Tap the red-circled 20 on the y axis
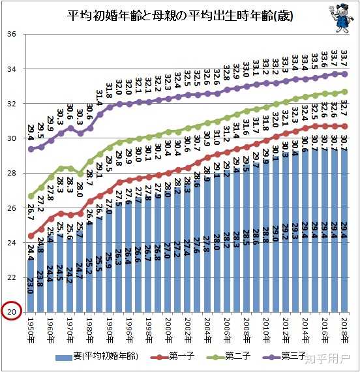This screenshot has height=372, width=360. click(x=11, y=312)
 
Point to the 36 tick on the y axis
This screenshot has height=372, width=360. click(x=11, y=34)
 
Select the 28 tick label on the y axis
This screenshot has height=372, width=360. click(x=11, y=173)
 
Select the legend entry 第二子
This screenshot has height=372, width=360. click(x=239, y=356)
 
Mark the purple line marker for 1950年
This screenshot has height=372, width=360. click(x=31, y=149)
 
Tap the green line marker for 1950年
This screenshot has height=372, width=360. click(x=31, y=196)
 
